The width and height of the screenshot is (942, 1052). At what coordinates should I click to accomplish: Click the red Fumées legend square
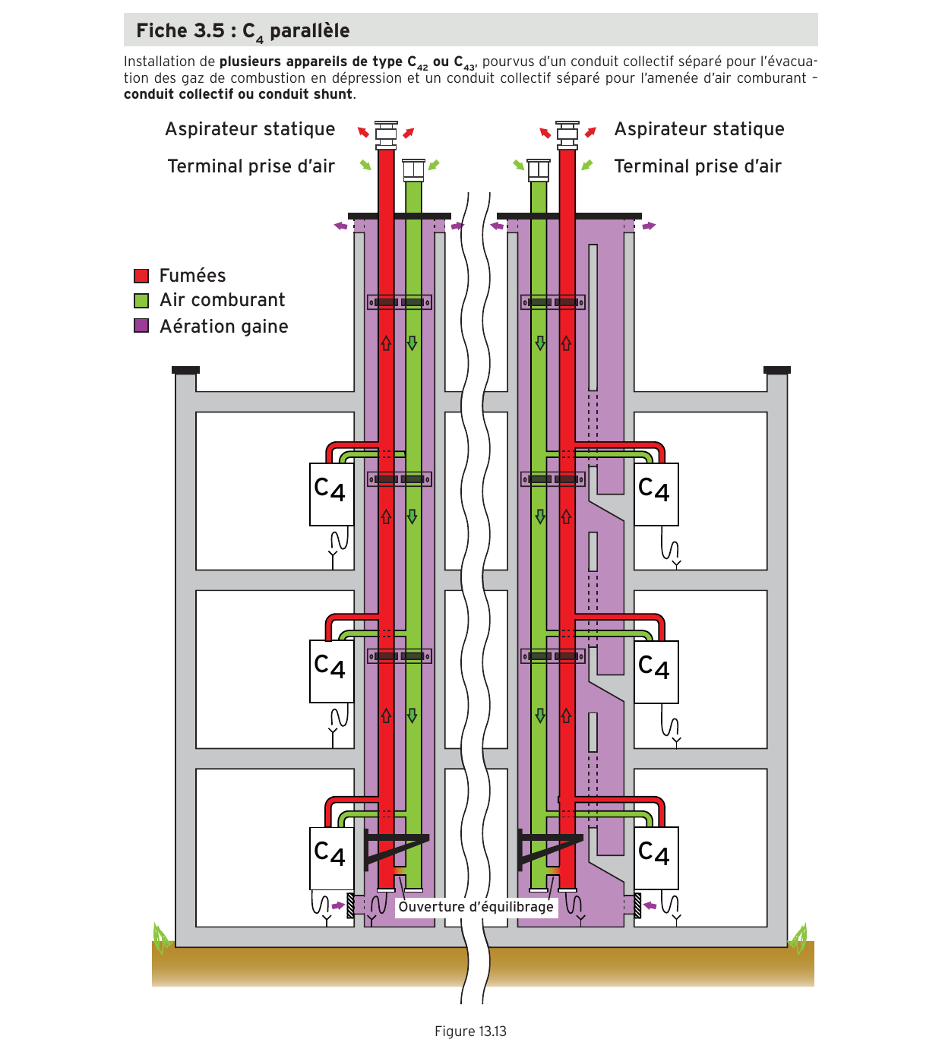(141, 276)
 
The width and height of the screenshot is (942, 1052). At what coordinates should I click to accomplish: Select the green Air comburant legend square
(141, 301)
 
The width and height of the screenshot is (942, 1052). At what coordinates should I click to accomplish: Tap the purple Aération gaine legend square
(141, 326)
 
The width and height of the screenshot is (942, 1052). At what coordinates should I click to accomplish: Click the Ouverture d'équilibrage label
(476, 907)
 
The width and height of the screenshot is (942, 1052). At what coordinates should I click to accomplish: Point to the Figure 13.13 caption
(470, 1031)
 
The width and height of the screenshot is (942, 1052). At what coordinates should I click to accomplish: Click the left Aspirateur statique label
(250, 129)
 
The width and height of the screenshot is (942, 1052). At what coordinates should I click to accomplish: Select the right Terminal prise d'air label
(697, 166)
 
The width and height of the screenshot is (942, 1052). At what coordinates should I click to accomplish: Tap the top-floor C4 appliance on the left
(331, 494)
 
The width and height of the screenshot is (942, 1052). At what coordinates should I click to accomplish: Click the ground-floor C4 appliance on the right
(656, 858)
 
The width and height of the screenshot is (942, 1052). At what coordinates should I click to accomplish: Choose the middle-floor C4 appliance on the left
(331, 671)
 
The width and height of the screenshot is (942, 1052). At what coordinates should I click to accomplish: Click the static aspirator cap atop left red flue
(386, 135)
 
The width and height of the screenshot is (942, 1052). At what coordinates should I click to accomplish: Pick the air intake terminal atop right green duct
(539, 170)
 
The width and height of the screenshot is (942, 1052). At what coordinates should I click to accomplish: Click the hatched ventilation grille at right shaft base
(637, 905)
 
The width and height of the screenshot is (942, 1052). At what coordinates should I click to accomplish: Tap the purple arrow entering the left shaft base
(338, 905)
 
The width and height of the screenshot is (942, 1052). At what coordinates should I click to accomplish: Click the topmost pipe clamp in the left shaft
(400, 302)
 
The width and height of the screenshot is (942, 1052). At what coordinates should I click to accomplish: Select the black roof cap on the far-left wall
(185, 370)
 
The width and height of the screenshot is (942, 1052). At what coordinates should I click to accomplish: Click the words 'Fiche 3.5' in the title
(180, 30)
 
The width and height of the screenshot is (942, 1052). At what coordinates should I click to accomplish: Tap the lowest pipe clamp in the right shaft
(552, 656)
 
